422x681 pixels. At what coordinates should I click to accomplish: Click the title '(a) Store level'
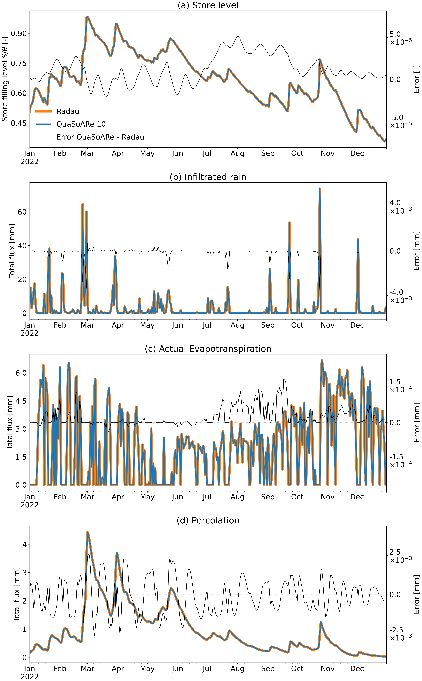point(208,5)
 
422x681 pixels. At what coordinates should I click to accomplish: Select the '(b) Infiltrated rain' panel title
point(208,177)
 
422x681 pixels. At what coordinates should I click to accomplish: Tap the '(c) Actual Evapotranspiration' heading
point(208,349)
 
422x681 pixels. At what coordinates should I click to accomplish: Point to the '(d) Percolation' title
point(208,520)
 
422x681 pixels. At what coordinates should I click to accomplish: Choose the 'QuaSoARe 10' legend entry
point(81,124)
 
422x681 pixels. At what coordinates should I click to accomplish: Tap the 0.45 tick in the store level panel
point(18,123)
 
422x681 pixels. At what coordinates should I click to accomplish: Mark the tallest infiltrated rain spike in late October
point(320,189)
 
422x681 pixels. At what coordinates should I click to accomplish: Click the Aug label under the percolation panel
point(237,668)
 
